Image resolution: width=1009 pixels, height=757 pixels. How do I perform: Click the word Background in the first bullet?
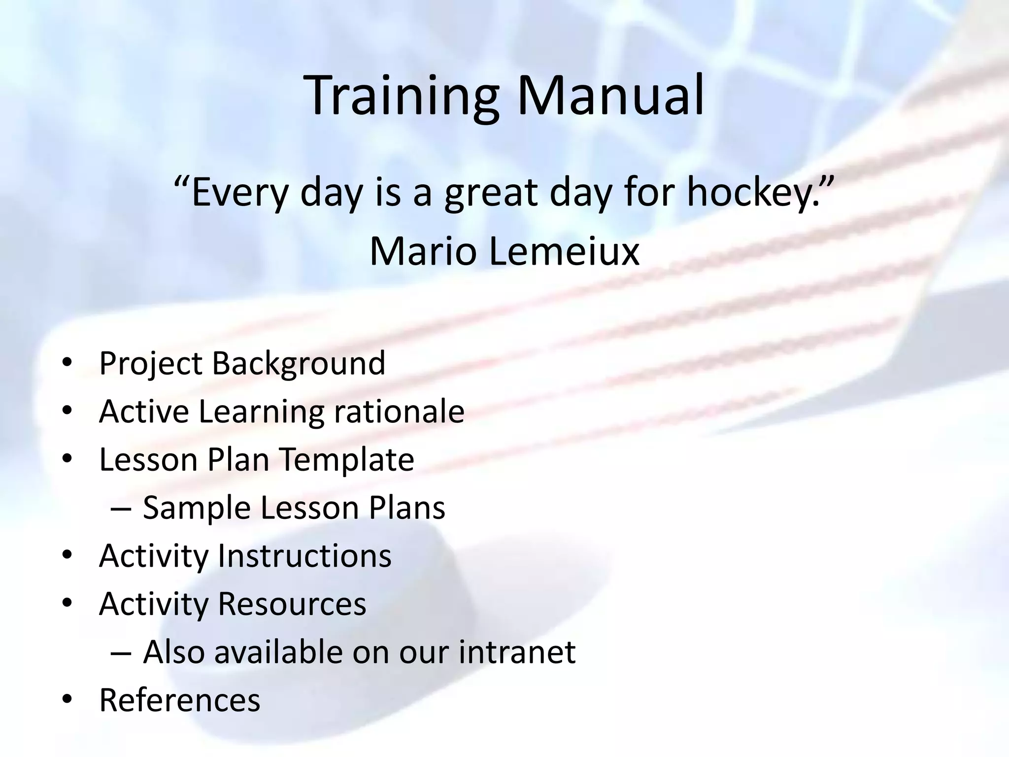(299, 364)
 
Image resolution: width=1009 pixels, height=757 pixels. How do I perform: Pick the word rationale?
(399, 412)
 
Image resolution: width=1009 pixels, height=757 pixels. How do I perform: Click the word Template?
(347, 460)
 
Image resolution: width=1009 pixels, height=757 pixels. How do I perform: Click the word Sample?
(197, 508)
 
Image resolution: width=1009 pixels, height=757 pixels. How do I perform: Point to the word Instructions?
(304, 556)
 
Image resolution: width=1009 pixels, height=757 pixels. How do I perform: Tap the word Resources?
(292, 604)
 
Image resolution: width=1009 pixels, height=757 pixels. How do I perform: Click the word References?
(180, 700)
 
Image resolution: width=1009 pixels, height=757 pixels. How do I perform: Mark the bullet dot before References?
(67, 700)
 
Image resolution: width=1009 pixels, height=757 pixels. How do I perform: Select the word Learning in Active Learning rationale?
(261, 412)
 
